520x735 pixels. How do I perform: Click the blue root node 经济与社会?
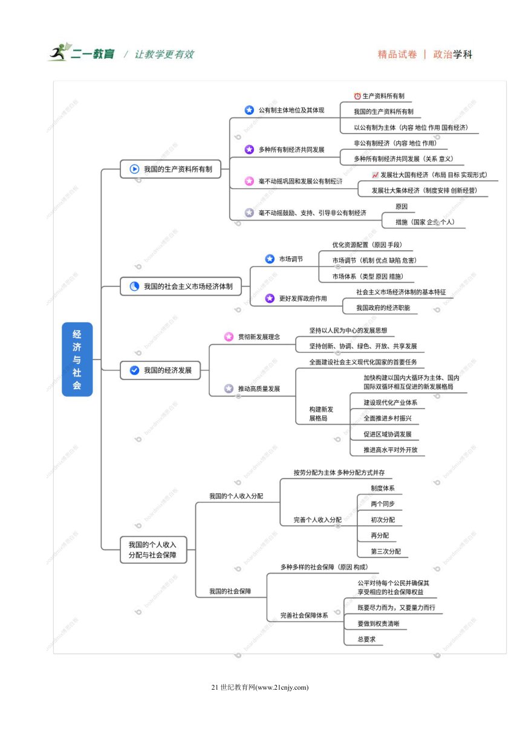(77, 359)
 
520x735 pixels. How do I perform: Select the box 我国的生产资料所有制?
(171, 169)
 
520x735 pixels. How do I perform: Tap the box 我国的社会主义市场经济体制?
(181, 286)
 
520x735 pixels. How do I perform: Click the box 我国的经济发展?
(160, 370)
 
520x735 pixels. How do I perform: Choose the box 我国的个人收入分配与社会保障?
(154, 549)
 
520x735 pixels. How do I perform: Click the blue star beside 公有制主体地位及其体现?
(249, 110)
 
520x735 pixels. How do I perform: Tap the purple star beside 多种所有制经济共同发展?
(249, 150)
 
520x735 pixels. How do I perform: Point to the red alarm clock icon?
(357, 96)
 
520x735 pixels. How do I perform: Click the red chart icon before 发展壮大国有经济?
(375, 175)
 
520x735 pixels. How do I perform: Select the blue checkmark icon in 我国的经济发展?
(134, 370)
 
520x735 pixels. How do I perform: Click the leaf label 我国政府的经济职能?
(383, 308)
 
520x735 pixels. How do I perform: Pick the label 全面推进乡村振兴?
(388, 418)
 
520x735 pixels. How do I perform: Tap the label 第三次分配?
(386, 551)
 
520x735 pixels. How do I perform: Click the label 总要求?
(366, 639)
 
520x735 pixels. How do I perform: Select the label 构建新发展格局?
(321, 414)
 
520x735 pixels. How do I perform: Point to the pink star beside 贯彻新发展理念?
(229, 337)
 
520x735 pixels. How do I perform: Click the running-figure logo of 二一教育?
(59, 52)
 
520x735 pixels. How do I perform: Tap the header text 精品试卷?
(397, 54)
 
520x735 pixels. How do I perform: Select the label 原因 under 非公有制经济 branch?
(401, 206)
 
